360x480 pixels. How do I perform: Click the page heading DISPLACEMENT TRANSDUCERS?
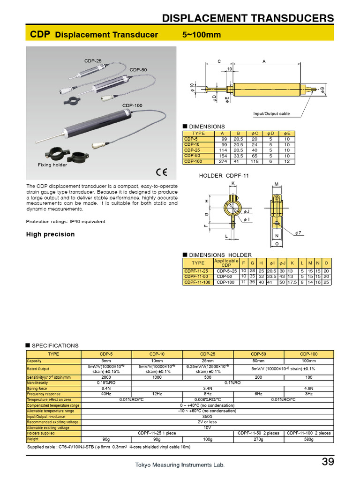coord(247,18)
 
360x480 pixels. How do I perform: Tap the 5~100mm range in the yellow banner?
coord(201,35)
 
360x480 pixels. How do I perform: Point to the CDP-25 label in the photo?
coord(93,61)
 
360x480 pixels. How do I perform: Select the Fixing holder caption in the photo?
coord(52,165)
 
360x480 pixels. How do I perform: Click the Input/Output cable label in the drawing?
coord(271,114)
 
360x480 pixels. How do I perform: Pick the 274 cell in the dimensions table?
coord(222,161)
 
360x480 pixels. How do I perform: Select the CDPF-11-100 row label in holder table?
coord(197,282)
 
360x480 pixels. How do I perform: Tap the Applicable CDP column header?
coord(226,263)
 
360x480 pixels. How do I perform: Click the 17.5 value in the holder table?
coord(292,282)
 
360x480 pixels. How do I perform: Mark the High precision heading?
coord(50,234)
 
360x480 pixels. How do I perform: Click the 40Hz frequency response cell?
coord(106,394)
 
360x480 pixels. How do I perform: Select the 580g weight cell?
coord(308,439)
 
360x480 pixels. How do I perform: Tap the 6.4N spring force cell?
coord(106,389)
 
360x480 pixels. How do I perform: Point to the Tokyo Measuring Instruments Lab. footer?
coord(180,465)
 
